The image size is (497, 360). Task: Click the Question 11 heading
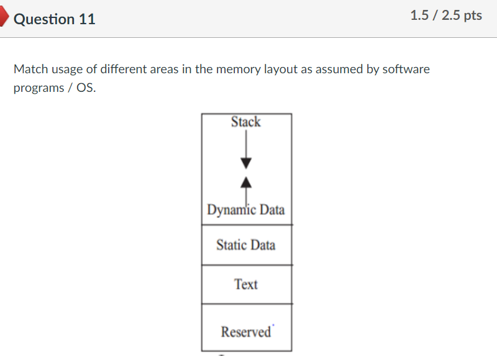[55, 19]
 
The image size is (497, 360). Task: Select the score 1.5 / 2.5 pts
[446, 16]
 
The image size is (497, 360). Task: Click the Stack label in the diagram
[246, 122]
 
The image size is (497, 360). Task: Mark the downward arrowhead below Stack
[247, 163]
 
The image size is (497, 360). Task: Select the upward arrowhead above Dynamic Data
[247, 182]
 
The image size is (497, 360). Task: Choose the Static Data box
[246, 245]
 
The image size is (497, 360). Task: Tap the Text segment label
[246, 284]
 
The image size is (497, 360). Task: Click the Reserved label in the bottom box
[246, 332]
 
